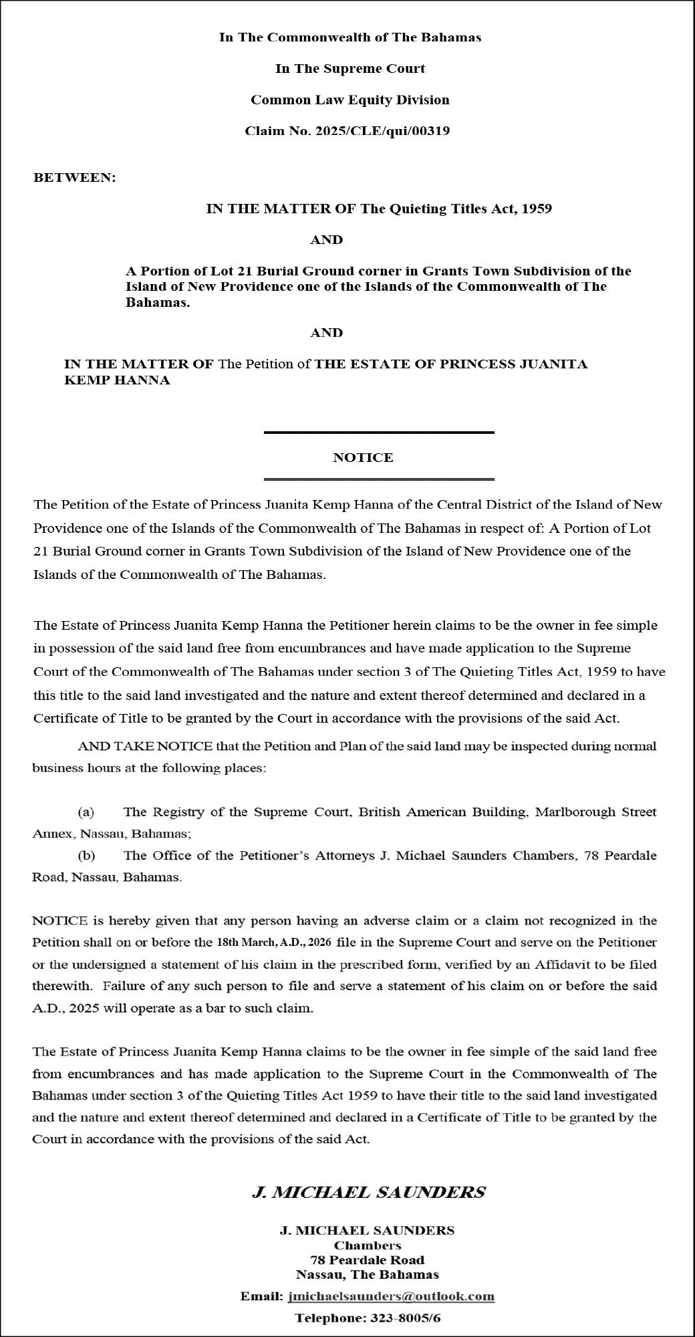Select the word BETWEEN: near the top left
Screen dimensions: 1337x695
coord(75,178)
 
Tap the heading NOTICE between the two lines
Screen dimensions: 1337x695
coord(363,458)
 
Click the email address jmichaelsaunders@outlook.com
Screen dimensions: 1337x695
coord(391,1296)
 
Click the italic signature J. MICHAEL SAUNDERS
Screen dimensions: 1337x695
coord(368,1192)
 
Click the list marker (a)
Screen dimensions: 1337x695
coord(86,812)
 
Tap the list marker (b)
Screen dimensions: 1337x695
coord(86,856)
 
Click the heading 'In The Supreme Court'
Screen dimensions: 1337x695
coord(350,69)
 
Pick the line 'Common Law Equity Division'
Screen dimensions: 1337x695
coord(350,100)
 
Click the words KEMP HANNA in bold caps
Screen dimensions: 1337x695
coord(117,380)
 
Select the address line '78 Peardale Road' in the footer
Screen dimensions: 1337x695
coord(367,1260)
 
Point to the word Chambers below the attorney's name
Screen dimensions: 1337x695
coord(367,1245)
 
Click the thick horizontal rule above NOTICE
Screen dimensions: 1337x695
coord(379,433)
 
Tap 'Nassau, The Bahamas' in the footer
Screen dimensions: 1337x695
coord(367,1274)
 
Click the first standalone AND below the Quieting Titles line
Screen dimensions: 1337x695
coord(326,240)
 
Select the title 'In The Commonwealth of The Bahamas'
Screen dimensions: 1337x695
coord(350,37)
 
